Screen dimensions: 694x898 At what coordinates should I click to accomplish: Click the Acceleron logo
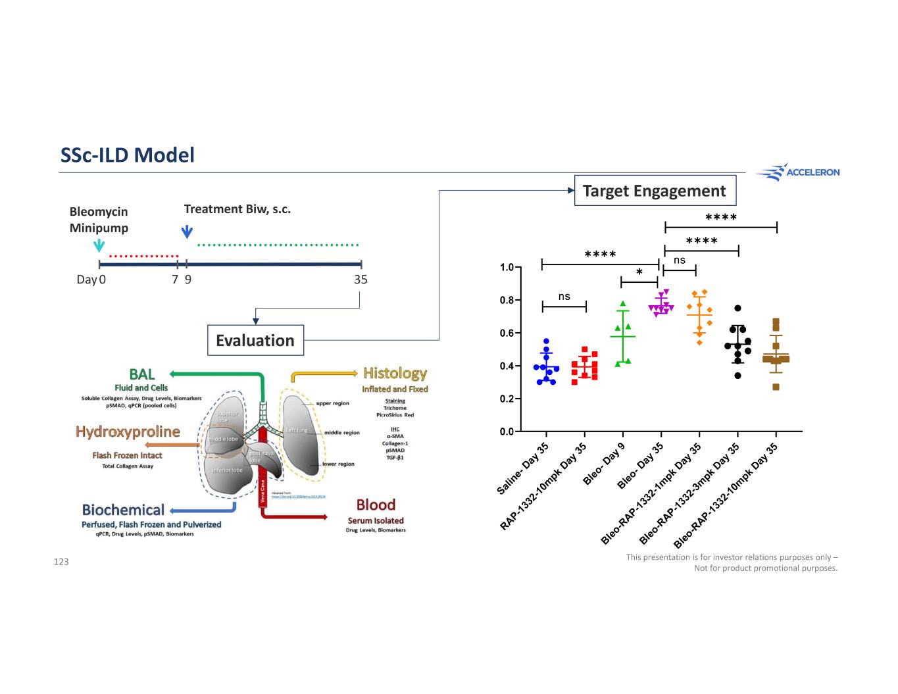coord(797,172)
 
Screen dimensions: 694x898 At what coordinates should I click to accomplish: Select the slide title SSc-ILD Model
coord(128,155)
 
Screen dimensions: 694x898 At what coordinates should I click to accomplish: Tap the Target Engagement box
coord(655,191)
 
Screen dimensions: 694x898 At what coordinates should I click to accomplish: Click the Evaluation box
coord(255,340)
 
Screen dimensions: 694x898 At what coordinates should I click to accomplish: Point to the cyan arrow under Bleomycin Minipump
coord(99,245)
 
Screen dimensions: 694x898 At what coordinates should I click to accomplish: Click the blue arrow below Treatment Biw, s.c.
coord(187,232)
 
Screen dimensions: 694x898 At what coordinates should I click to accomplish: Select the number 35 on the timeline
coord(361,280)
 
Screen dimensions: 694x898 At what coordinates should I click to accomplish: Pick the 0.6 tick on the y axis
coord(507,334)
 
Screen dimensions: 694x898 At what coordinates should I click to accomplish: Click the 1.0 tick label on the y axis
coord(507,268)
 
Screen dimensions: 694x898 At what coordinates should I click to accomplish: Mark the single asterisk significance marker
coord(639,272)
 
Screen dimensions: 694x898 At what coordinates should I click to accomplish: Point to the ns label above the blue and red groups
coord(564,297)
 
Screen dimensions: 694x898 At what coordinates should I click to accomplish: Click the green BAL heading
coord(142,374)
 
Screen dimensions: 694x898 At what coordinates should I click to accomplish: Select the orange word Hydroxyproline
coord(128,432)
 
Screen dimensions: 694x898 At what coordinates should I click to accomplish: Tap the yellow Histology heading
coord(395,373)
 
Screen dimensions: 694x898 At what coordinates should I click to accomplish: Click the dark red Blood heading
coord(376,505)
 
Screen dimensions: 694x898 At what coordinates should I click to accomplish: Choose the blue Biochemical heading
coord(123,510)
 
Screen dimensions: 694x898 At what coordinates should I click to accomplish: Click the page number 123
coord(61,562)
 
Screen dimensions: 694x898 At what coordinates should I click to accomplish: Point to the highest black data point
coord(737,308)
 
